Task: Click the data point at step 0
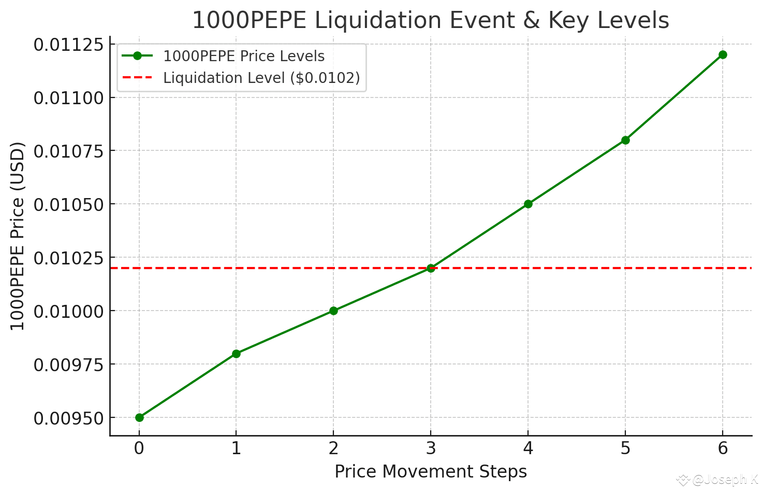tap(139, 417)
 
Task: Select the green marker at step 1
tap(236, 354)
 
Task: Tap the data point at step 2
tap(333, 311)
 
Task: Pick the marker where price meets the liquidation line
tap(431, 268)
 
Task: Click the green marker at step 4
tap(528, 204)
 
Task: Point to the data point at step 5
tap(625, 140)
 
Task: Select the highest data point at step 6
tap(723, 55)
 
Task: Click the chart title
tap(430, 21)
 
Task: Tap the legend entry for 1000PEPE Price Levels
tap(244, 56)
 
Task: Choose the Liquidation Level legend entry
tap(261, 78)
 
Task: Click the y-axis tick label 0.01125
tap(68, 45)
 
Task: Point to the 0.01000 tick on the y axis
tap(68, 311)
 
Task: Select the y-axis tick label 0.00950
tap(68, 418)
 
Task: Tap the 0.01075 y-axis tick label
tap(68, 151)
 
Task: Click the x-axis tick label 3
tap(431, 448)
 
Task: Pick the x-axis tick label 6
tap(723, 448)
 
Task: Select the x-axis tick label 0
tap(139, 448)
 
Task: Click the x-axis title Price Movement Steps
tap(431, 472)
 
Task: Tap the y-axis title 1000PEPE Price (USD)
tap(18, 236)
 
